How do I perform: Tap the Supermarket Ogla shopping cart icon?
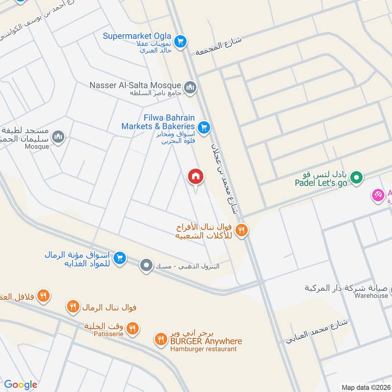coord(181,41)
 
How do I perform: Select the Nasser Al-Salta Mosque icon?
coord(190,87)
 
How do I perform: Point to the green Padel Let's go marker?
coord(357,177)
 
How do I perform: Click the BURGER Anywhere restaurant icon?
coord(161,339)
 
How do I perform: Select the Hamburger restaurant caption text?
coord(203,349)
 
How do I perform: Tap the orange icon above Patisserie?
coord(132,328)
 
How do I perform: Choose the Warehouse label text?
coord(372,295)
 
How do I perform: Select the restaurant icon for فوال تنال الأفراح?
coord(241,229)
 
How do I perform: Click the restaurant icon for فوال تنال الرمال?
coord(73,307)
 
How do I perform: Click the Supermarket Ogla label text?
coord(137,36)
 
